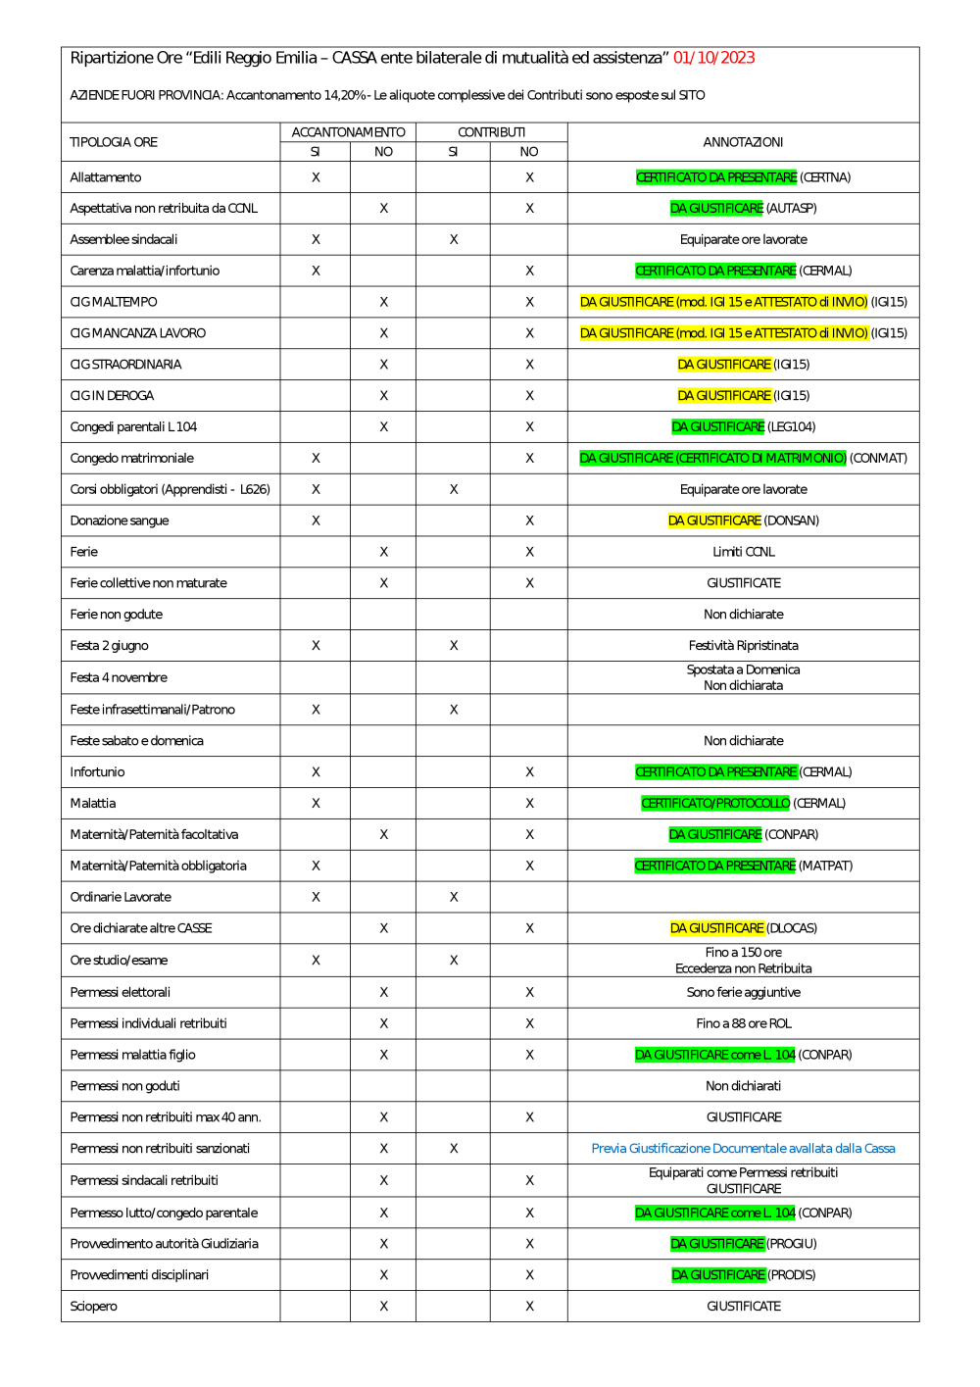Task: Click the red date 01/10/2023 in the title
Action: [713, 58]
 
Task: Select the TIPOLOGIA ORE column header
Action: [114, 142]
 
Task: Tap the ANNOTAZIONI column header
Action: [743, 142]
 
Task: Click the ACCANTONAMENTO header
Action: [348, 132]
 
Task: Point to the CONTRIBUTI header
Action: [491, 132]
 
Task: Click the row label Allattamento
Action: [106, 177]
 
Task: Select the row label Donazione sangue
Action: [120, 520]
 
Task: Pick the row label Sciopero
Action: [94, 1306]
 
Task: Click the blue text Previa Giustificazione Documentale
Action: [743, 1148]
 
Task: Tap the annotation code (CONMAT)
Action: [878, 458]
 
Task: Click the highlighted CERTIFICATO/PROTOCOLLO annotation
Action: [715, 803]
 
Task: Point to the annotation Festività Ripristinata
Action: [743, 645]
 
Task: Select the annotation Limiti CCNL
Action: [743, 552]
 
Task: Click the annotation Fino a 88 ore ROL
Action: [743, 1023]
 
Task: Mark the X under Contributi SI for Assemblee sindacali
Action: [454, 239]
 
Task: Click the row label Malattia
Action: [93, 803]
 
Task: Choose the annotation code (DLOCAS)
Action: [792, 928]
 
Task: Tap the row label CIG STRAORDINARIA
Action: [125, 365]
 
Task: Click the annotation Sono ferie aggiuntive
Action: [743, 992]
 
